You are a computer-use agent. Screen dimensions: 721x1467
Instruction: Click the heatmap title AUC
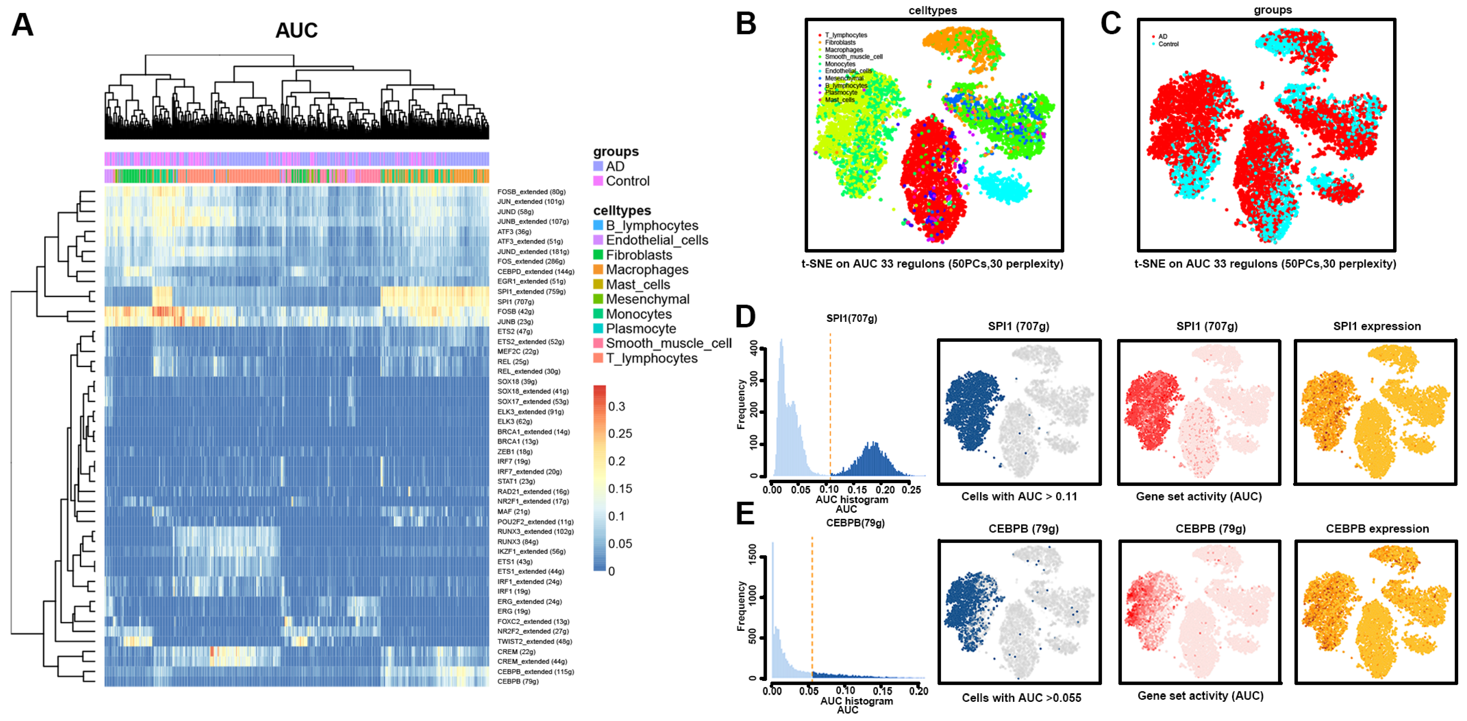(x=296, y=31)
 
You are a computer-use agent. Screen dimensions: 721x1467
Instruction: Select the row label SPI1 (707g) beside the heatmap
(x=515, y=302)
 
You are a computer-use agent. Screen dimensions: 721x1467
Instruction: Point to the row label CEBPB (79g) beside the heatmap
(x=517, y=681)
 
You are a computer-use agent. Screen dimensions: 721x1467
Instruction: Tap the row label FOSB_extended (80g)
(x=531, y=192)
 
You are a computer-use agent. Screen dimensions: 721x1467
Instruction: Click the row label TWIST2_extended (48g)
(x=534, y=641)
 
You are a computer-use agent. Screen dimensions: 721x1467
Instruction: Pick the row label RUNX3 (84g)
(x=517, y=542)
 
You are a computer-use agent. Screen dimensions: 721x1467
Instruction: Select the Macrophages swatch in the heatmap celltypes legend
(x=598, y=270)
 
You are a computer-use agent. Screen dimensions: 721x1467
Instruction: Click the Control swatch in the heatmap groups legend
(x=598, y=181)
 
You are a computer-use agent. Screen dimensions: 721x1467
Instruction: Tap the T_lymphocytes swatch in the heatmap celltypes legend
(x=598, y=358)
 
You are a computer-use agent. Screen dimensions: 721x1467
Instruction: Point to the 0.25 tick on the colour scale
(x=620, y=434)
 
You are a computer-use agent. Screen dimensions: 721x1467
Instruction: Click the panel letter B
(x=746, y=24)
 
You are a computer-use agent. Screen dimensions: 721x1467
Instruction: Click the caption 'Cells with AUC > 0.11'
(x=1019, y=496)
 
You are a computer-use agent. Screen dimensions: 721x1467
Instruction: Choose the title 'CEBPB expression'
(x=1377, y=529)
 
